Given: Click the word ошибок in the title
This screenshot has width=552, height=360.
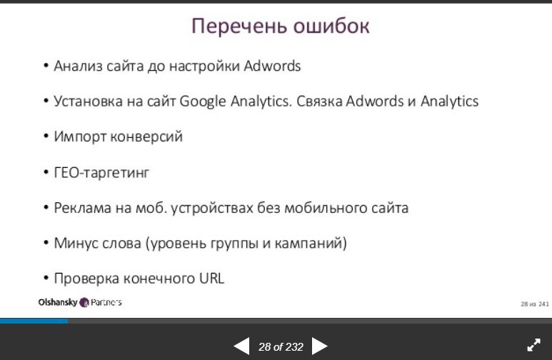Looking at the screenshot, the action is click(x=331, y=26).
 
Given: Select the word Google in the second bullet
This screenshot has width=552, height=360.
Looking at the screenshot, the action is click(x=203, y=102).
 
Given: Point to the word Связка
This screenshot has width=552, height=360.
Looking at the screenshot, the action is click(x=319, y=101).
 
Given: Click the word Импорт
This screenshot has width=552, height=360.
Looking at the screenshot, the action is click(x=80, y=136).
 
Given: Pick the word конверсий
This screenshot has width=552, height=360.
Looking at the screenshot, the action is click(x=146, y=136).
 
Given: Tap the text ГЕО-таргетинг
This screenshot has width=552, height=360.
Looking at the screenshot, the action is click(x=101, y=173).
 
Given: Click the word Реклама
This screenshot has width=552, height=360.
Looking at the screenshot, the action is click(x=82, y=208).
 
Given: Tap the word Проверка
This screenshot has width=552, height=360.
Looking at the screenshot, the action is click(x=86, y=279).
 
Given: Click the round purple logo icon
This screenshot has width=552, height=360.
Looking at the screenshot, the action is click(x=84, y=302).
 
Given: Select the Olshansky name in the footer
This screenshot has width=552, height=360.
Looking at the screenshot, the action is click(x=58, y=302).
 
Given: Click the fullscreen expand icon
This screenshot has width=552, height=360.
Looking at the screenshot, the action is click(x=533, y=345).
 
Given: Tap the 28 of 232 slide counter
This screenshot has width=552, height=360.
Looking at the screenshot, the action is click(x=281, y=347).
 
